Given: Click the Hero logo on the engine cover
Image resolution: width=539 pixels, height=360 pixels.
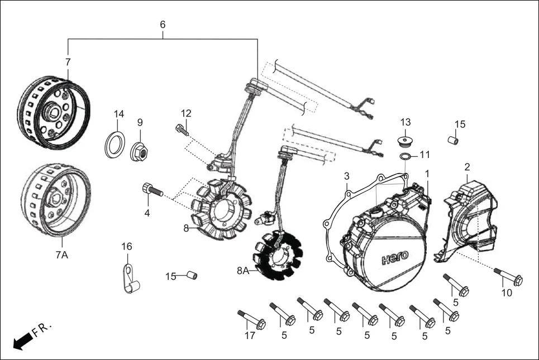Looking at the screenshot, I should pos(394,258).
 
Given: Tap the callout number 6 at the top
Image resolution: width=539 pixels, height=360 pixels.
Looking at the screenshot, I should pos(163,25).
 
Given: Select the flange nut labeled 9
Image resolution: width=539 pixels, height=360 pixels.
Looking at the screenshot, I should pos(139,151).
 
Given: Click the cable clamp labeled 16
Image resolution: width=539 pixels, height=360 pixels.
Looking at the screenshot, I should pos(131,281).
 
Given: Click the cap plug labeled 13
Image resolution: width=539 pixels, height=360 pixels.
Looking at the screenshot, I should pos(404,140).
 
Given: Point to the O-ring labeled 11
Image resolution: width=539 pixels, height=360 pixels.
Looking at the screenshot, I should pos(407,155).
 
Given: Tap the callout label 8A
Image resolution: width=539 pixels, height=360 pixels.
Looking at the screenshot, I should pos(243,271).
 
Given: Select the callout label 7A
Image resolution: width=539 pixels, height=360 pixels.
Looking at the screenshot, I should pos(61,255).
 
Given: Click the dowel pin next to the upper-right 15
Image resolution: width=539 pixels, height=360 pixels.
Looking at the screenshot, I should pos(454,140).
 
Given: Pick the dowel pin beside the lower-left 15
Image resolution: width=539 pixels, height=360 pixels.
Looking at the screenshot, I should pos(192,276).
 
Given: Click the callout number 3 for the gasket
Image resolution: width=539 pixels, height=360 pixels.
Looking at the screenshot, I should pos(346,176).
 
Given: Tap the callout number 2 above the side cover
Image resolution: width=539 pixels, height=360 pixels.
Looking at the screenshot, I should pos(467,167).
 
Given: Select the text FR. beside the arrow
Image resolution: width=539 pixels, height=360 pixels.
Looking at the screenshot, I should pos(42,330).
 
